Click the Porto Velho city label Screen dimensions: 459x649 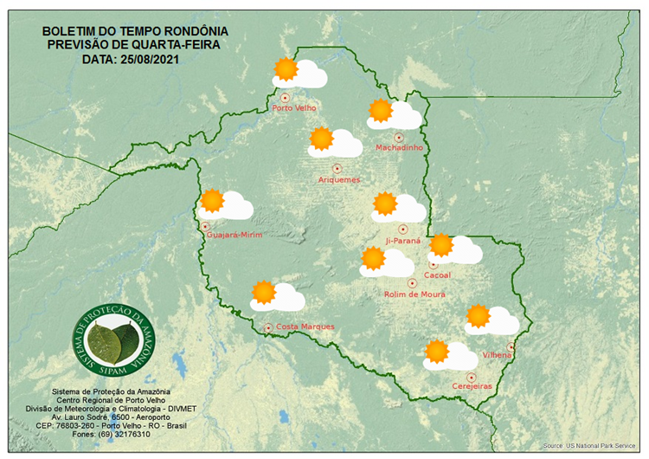tap(294, 108)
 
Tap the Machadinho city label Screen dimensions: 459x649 tap(399, 148)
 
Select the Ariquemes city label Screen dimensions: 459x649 tap(338, 179)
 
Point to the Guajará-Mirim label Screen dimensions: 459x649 tap(235, 235)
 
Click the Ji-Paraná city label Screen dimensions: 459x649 tap(403, 241)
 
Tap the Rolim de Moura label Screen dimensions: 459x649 tap(414, 294)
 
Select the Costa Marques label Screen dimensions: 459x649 tap(305, 326)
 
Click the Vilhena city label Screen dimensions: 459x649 tap(498, 355)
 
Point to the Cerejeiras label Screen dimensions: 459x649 tap(472, 386)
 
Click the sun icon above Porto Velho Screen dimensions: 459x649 tap(285, 68)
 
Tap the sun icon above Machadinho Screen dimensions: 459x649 tap(380, 110)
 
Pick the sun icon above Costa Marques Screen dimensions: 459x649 tap(263, 292)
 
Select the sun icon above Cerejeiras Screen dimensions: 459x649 tap(437, 351)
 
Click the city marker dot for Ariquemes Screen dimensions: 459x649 tap(337, 168)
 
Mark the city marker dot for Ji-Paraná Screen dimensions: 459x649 tap(402, 229)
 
